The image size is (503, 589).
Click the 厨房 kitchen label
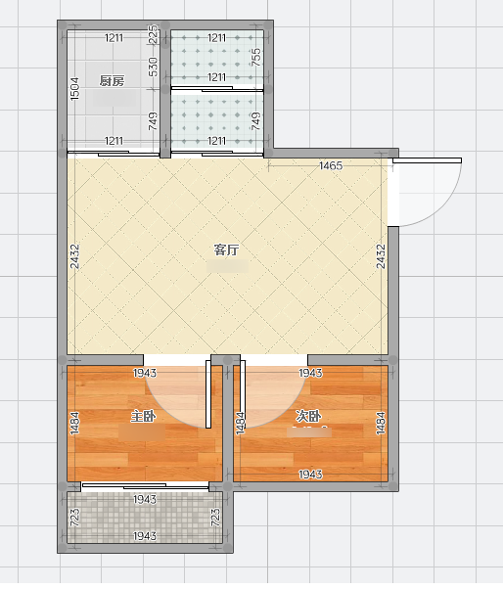112,81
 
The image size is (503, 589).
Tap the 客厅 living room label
226,249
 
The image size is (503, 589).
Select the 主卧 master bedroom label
143,417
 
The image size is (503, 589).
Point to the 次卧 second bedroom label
308,416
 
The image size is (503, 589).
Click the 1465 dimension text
331,165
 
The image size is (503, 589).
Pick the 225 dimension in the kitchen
154,34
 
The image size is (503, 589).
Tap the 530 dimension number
154,67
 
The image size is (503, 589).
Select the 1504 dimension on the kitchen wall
74,89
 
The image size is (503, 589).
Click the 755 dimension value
256,57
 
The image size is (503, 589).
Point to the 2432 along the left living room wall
74,256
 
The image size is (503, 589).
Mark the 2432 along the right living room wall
381,256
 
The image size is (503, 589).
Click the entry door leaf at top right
427,160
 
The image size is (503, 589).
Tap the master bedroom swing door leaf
208,394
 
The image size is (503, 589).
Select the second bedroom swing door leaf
243,394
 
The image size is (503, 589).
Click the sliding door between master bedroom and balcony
145,486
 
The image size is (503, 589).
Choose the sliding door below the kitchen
114,154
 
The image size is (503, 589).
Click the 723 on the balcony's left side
74,518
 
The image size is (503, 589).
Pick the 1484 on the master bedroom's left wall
74,424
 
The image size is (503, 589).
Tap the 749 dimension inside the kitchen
154,121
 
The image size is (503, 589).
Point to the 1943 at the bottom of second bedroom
310,475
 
